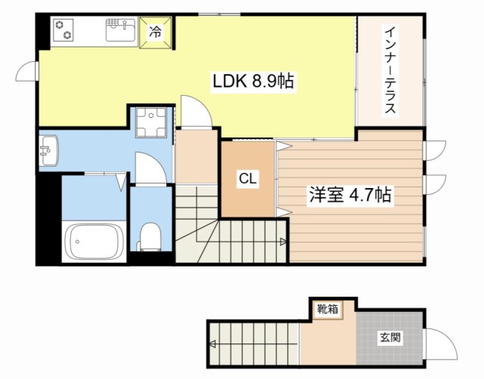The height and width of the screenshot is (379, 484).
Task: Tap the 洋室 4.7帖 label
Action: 349,196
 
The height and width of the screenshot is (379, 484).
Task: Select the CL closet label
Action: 247,179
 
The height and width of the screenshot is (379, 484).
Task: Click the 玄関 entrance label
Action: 390,338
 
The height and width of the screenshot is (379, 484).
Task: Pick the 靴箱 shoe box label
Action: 328,308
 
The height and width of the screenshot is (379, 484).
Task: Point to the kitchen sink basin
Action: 120,32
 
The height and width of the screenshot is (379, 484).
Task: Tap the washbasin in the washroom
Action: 48,149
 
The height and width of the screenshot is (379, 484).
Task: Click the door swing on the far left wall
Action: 27,71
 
